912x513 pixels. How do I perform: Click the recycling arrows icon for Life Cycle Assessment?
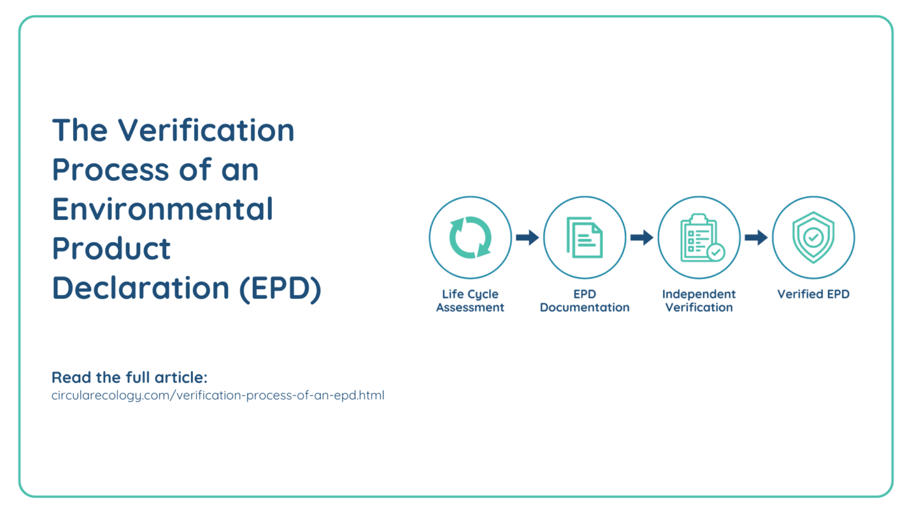pyautogui.click(x=470, y=237)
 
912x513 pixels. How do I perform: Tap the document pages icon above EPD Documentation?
pyautogui.click(x=585, y=238)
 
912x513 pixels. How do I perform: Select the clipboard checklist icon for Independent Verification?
pyautogui.click(x=701, y=238)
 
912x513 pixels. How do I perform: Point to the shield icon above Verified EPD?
pyautogui.click(x=813, y=237)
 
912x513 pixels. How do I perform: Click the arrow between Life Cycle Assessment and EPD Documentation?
pyautogui.click(x=527, y=237)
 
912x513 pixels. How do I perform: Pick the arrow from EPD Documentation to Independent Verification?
pyautogui.click(x=642, y=237)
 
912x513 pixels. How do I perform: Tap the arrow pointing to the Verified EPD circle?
pyautogui.click(x=756, y=237)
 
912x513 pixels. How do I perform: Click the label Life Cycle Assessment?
pyautogui.click(x=470, y=301)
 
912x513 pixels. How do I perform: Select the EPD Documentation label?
pyautogui.click(x=585, y=301)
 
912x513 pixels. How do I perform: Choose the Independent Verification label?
pyautogui.click(x=699, y=301)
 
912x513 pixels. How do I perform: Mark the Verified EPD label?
pyautogui.click(x=814, y=294)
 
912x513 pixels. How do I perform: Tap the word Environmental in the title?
pyautogui.click(x=162, y=209)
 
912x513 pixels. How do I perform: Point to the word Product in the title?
pyautogui.click(x=111, y=249)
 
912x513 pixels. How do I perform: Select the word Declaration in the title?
pyautogui.click(x=141, y=288)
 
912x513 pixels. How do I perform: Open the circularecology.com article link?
pyautogui.click(x=218, y=395)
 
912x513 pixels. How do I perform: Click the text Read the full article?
pyautogui.click(x=130, y=378)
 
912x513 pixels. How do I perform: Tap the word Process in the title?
pyautogui.click(x=110, y=170)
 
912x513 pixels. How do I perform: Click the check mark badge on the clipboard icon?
pyautogui.click(x=716, y=253)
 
